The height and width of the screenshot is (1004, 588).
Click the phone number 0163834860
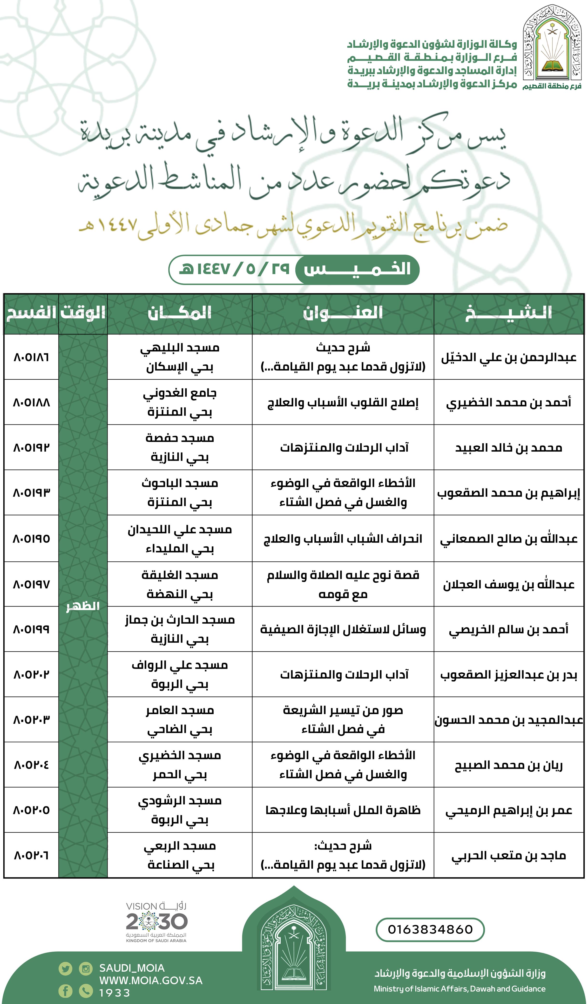430,929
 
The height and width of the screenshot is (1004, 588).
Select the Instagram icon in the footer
86,969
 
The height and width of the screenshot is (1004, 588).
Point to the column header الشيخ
508,313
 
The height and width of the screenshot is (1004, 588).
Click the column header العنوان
343,313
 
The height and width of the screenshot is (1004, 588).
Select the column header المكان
180,313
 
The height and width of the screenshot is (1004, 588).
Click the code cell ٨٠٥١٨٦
31,357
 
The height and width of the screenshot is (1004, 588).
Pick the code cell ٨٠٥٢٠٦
31,855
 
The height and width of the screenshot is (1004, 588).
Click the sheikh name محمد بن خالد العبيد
508,448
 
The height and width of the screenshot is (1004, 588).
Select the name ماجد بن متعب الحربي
508,855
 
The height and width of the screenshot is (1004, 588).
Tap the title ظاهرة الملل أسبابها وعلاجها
343,810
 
